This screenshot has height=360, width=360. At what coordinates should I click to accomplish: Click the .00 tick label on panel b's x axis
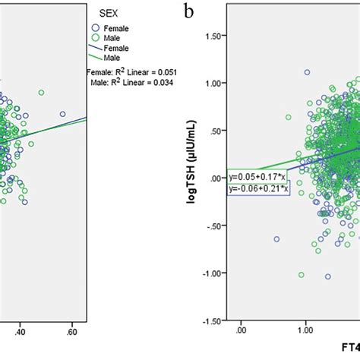(241, 331)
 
